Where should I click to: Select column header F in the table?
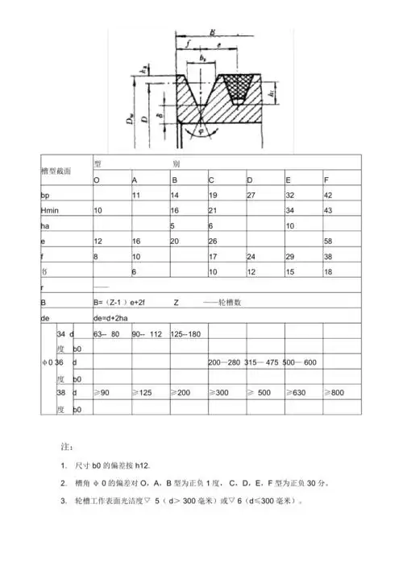coord(325,179)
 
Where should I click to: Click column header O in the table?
coord(97,179)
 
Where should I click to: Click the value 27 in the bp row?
coord(251,196)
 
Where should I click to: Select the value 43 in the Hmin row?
coord(327,210)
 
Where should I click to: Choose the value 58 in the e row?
coord(327,242)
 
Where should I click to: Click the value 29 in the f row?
coord(289,257)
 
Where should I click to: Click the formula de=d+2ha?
coord(113,317)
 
